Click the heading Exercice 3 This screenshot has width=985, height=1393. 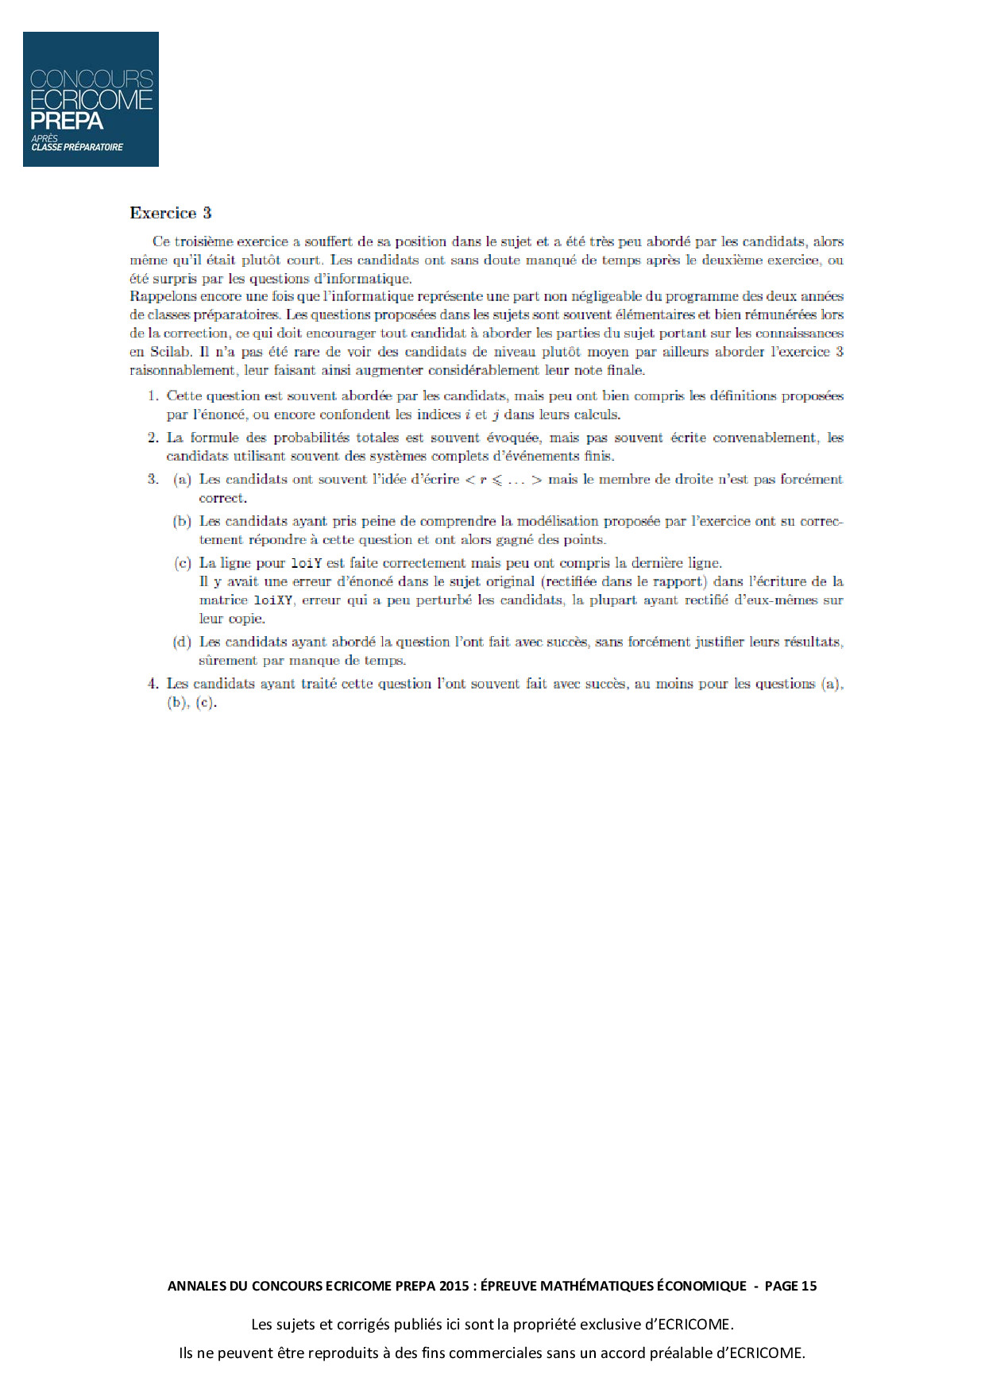tap(171, 213)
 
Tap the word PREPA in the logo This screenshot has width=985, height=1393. tap(67, 122)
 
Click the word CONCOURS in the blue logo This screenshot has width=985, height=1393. tap(91, 79)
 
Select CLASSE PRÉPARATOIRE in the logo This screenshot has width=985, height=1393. tap(77, 148)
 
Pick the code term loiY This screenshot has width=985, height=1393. tap(306, 563)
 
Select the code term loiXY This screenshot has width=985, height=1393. tap(273, 600)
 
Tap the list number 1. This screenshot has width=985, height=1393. tap(153, 396)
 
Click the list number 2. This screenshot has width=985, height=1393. tap(153, 438)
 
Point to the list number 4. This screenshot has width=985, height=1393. tap(153, 684)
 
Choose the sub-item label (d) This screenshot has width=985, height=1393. tap(182, 642)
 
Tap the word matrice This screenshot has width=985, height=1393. tap(222, 600)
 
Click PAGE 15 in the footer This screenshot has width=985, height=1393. tap(790, 1286)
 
